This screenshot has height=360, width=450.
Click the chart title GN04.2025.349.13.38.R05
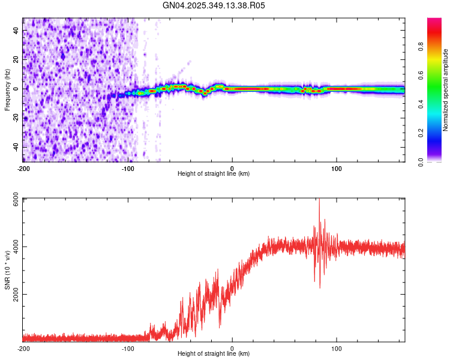pos(214,5)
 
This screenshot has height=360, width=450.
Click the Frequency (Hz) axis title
pos(7,89)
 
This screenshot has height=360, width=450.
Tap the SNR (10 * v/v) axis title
pos(7,269)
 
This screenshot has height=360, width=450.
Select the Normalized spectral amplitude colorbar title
pos(445,89)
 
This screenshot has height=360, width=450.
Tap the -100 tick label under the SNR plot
pos(128,349)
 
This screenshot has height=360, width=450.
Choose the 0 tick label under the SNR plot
pos(232,349)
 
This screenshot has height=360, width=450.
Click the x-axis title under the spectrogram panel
pos(214,174)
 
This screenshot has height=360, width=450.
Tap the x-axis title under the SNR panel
pos(214,354)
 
